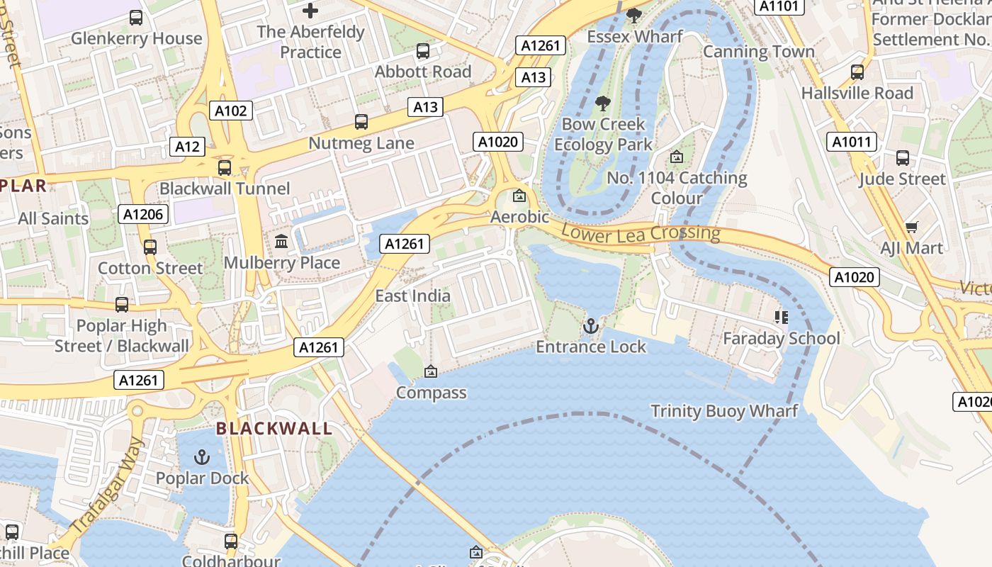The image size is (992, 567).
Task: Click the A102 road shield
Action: [x=231, y=111]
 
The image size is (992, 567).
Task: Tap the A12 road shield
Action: [x=187, y=147]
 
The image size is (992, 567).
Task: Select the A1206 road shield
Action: [x=143, y=214]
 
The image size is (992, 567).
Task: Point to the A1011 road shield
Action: [x=851, y=142]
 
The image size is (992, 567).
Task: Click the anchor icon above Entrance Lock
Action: [x=590, y=326]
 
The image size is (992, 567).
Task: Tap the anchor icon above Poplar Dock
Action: [x=203, y=457]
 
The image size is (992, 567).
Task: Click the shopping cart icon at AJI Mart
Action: [x=911, y=227]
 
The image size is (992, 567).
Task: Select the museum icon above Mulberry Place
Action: [x=281, y=242]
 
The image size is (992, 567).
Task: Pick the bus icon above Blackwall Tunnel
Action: [x=225, y=168]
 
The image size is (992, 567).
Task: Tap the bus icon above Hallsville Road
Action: [x=857, y=72]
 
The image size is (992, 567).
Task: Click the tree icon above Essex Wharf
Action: [x=634, y=15]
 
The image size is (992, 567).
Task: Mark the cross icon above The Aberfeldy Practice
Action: [x=310, y=11]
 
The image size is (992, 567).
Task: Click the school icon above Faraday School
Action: [x=781, y=318]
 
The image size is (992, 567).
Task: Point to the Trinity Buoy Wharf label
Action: [x=724, y=411]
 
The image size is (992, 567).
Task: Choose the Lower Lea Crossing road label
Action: [x=640, y=233]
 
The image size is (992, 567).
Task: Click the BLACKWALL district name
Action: [x=274, y=429]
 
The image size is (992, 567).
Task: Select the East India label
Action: [x=412, y=296]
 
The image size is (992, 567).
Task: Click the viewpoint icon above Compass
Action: [x=431, y=371]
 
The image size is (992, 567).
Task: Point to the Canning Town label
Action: [x=758, y=52]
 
